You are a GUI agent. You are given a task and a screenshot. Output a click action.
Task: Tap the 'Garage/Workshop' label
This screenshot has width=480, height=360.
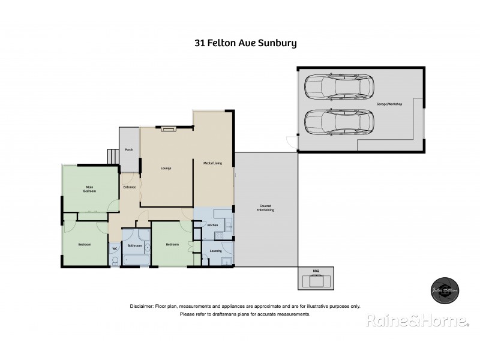389,104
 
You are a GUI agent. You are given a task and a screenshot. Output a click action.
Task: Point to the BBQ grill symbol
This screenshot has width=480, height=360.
316,279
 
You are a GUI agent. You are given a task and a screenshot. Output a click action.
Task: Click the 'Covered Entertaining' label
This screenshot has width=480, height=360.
265,208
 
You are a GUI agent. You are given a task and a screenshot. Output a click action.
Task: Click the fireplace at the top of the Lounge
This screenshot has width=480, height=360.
167,128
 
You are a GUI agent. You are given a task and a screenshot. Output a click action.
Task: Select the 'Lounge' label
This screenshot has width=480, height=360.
166,168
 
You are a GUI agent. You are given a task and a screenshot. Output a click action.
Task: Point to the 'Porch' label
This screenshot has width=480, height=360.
128,149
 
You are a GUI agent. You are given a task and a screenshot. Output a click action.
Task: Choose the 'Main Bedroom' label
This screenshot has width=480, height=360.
90,190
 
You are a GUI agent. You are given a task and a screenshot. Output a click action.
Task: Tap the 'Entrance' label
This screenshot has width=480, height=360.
130,187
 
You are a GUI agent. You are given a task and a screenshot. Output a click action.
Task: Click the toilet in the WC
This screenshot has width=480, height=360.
115,260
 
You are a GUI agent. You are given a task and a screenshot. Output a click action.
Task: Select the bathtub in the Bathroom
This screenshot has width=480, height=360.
136,259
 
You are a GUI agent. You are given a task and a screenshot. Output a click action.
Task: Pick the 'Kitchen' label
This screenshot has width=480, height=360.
212,225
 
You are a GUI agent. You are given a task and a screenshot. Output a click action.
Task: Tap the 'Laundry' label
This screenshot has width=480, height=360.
215,251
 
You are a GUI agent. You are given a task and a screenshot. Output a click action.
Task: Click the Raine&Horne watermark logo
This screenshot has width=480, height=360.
417,322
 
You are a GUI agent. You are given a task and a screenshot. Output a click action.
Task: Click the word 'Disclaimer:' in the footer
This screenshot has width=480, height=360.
142,306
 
